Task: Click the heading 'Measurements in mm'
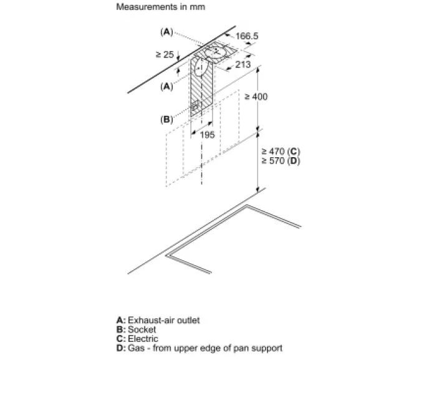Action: point(160,7)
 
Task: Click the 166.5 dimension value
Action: point(246,36)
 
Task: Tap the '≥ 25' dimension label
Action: point(165,55)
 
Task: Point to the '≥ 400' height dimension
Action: point(256,97)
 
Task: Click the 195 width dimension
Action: point(207,135)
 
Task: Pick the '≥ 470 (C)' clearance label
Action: point(281,152)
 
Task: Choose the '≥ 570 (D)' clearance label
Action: point(281,161)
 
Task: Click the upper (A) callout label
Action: point(166,31)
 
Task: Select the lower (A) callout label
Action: point(166,87)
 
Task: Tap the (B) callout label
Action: point(166,119)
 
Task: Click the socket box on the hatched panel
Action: point(196,106)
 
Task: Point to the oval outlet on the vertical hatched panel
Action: point(199,67)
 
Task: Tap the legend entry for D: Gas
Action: point(199,348)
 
